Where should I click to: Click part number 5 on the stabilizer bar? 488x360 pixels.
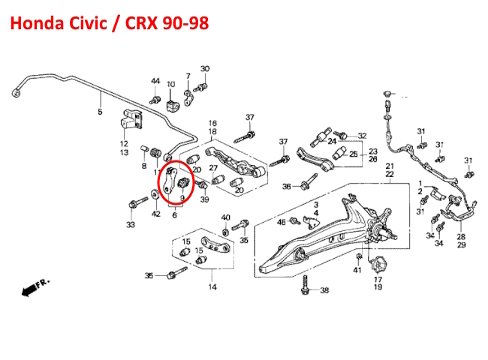(99, 112)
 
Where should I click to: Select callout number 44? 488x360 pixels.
(155, 81)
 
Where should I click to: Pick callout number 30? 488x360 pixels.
(204, 70)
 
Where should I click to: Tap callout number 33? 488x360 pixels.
(131, 224)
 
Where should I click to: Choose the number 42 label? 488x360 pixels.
(156, 214)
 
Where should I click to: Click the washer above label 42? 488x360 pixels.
(155, 196)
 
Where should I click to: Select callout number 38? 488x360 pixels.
(324, 290)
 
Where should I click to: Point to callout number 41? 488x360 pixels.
(357, 270)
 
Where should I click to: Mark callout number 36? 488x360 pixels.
(286, 187)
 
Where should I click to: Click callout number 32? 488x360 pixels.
(361, 135)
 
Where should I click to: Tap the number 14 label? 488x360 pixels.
(212, 287)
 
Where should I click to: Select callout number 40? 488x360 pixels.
(225, 217)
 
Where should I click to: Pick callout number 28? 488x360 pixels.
(461, 237)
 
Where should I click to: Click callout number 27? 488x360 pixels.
(212, 167)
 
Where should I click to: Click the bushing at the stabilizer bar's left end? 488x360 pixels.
(16, 92)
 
